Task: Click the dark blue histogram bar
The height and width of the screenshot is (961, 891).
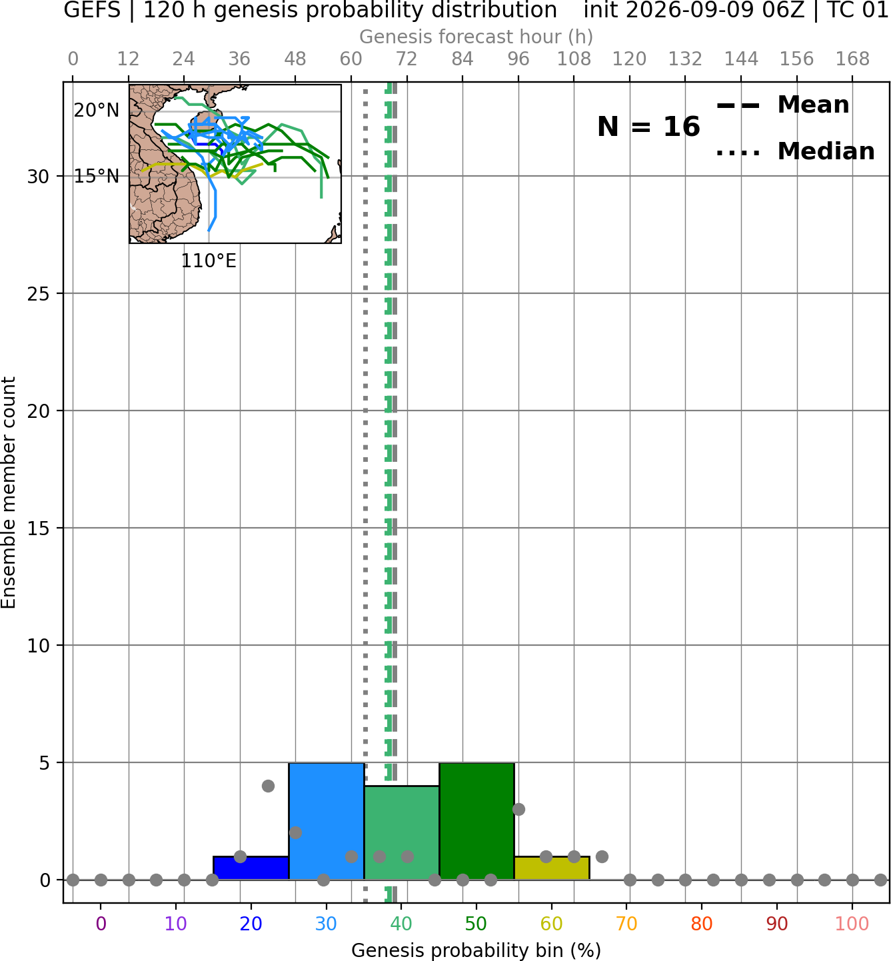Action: pyautogui.click(x=251, y=868)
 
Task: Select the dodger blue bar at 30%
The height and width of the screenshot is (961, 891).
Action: pyautogui.click(x=327, y=821)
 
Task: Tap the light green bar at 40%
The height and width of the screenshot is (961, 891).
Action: pyautogui.click(x=402, y=833)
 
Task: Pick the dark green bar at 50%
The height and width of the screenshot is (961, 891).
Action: pyautogui.click(x=476, y=821)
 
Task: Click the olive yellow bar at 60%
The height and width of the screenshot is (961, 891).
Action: pyautogui.click(x=552, y=868)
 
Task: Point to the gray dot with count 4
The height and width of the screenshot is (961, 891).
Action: pyautogui.click(x=268, y=786)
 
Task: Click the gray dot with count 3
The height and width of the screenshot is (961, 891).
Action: pyautogui.click(x=519, y=809)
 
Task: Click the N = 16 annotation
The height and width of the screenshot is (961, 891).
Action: pyautogui.click(x=648, y=127)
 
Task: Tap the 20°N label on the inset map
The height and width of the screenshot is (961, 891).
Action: pyautogui.click(x=97, y=111)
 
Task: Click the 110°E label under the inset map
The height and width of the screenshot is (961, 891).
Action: pyautogui.click(x=209, y=261)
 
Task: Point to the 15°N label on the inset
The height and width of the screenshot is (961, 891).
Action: pyautogui.click(x=97, y=177)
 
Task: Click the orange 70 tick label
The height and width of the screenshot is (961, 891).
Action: pyautogui.click(x=626, y=924)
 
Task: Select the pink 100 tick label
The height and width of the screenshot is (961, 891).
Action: pyautogui.click(x=852, y=924)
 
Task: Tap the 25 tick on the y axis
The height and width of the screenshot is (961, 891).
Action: pyautogui.click(x=39, y=294)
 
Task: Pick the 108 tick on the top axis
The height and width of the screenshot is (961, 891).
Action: pyautogui.click(x=574, y=59)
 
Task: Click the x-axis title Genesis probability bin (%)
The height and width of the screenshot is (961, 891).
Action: pyautogui.click(x=476, y=950)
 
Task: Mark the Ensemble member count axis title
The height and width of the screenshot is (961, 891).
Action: pyautogui.click(x=9, y=492)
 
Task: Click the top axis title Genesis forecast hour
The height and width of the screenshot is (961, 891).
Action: pyautogui.click(x=476, y=37)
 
